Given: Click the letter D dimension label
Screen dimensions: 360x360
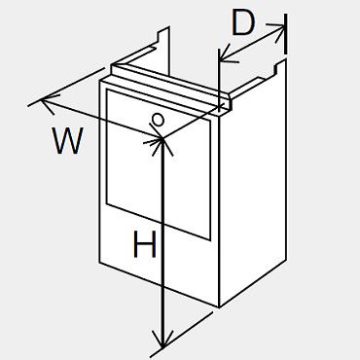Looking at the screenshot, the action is coord(243,24).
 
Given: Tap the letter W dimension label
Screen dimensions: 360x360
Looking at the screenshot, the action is coord(68,140).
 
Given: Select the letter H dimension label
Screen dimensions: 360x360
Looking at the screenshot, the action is coord(145,244).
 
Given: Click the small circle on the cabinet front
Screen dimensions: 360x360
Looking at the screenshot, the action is coord(159,120).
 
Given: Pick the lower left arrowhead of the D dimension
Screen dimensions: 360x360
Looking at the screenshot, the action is coord(228,54).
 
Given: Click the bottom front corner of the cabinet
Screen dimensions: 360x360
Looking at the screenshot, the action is coord(219,306).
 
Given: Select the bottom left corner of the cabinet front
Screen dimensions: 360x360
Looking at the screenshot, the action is coord(99,263).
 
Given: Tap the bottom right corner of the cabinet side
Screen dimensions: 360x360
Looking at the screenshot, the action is coord(286,260).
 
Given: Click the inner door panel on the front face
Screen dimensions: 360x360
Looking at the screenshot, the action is coord(159,164).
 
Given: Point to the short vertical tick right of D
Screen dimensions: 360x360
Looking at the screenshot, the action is coord(286,34).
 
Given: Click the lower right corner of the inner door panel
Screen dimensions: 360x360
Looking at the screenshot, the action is coord(210,240).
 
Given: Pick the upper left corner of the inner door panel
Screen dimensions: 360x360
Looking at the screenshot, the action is coord(106,90).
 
